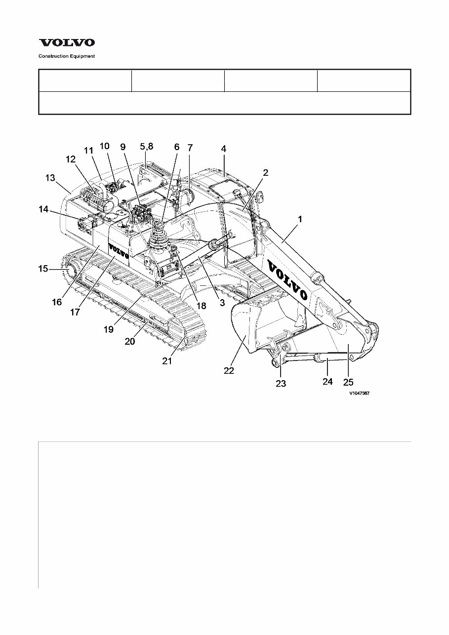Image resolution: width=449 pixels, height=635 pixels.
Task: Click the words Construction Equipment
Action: pyautogui.click(x=67, y=56)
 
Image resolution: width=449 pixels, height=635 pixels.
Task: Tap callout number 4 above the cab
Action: pyautogui.click(x=224, y=148)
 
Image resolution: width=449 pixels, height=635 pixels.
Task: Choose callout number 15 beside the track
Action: pyautogui.click(x=43, y=269)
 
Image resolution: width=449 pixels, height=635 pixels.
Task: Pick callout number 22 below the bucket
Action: pyautogui.click(x=229, y=371)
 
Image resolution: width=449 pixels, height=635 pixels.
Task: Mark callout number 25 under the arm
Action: pyautogui.click(x=348, y=382)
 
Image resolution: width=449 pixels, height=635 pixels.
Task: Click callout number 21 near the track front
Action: pyautogui.click(x=167, y=361)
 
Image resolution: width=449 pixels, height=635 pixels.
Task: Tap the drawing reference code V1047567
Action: pyautogui.click(x=360, y=394)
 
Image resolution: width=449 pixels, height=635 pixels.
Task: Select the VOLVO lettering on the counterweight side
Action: pyautogui.click(x=119, y=251)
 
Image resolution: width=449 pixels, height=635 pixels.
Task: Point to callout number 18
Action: pyautogui.click(x=201, y=306)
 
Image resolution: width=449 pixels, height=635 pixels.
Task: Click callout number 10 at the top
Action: pyautogui.click(x=105, y=146)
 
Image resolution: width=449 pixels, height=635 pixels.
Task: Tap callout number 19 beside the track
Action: pyautogui.click(x=108, y=329)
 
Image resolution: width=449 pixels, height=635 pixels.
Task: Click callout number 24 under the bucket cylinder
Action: pyautogui.click(x=327, y=381)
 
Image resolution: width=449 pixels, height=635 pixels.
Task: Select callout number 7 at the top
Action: pyautogui.click(x=190, y=147)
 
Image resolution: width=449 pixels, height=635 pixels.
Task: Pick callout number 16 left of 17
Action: pyautogui.click(x=57, y=302)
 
